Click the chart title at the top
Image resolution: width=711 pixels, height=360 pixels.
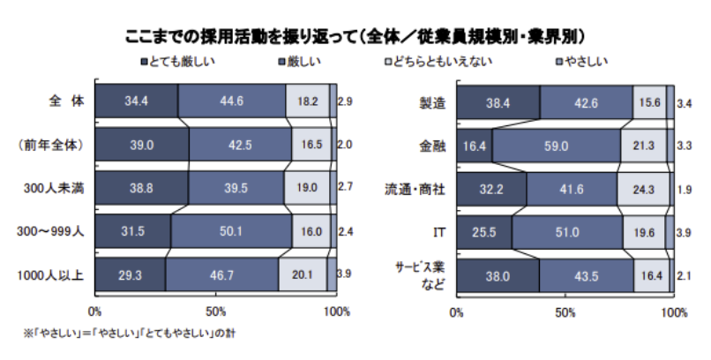click(355, 35)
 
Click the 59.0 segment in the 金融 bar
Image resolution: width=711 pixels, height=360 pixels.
click(556, 145)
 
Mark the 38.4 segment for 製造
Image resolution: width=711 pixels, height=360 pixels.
click(498, 102)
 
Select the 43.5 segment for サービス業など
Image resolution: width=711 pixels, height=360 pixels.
click(586, 274)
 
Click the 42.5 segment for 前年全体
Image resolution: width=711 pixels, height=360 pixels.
click(236, 145)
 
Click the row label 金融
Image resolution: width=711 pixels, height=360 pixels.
click(431, 145)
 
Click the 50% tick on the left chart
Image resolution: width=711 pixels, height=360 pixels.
click(215, 311)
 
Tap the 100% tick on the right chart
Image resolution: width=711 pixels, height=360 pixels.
click(673, 311)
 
